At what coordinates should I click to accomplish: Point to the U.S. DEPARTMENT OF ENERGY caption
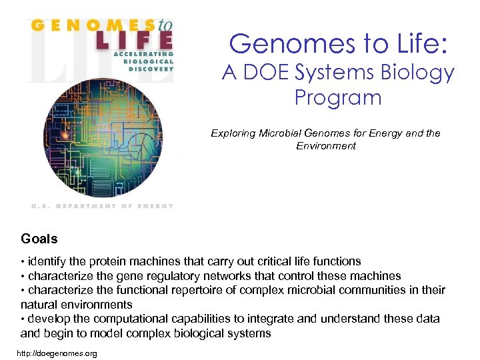point(103,206)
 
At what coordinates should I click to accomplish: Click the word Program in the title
point(338,98)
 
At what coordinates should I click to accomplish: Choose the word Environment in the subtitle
point(326,145)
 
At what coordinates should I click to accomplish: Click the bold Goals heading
point(39,239)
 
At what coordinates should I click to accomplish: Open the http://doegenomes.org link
point(59,353)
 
